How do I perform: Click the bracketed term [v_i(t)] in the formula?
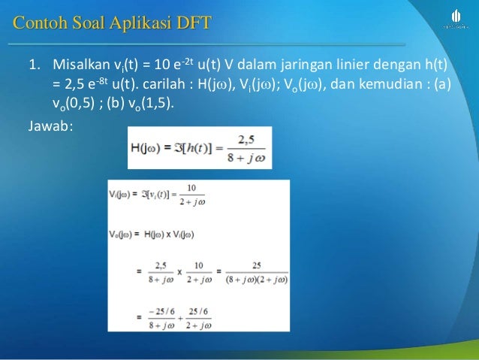click(160, 195)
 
